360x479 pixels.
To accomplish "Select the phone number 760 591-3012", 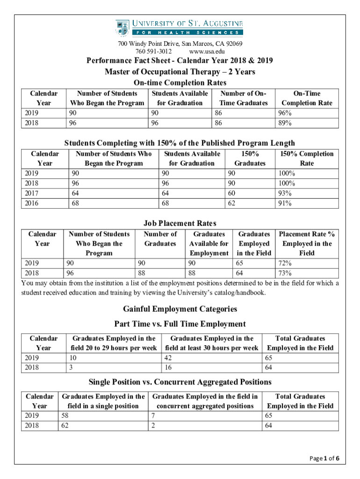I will point(153,51).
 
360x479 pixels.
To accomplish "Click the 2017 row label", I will point(31,193).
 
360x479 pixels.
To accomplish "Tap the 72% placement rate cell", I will point(284,263).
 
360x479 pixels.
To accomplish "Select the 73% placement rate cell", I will point(284,273).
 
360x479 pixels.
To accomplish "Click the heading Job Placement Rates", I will point(180,223).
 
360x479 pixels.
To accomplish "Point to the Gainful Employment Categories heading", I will point(180,309).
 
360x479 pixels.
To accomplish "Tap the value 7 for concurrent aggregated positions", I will point(153,415).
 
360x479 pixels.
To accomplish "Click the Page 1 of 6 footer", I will point(324,458).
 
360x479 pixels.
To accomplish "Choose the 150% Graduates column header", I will point(250,159).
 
